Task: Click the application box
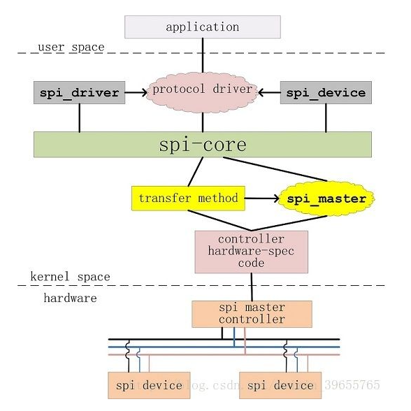(x=203, y=27)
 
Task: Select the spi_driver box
(x=80, y=92)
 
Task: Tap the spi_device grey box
(x=326, y=92)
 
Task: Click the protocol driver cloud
(x=203, y=90)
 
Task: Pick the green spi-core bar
(x=203, y=145)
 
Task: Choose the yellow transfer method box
(x=189, y=199)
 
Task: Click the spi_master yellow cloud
(x=326, y=199)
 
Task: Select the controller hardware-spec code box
(x=251, y=251)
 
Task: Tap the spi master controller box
(x=252, y=314)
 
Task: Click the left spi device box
(x=149, y=385)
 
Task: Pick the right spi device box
(x=280, y=385)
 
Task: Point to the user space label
(x=71, y=48)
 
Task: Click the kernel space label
(x=70, y=277)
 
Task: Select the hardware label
(x=70, y=298)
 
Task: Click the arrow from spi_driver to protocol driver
(x=136, y=92)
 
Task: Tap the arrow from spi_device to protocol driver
(x=268, y=92)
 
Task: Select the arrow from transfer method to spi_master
(x=262, y=199)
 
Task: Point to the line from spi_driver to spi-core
(x=80, y=118)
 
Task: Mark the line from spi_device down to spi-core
(x=326, y=118)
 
